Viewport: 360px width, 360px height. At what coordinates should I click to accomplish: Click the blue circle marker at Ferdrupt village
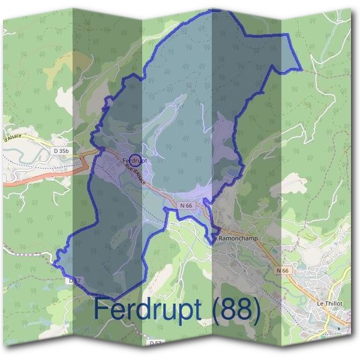[136, 160]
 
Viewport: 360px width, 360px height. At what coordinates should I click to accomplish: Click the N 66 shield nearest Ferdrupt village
[186, 206]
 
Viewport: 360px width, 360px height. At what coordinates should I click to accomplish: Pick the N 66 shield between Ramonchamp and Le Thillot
[283, 271]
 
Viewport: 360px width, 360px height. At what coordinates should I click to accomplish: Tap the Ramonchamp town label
[238, 238]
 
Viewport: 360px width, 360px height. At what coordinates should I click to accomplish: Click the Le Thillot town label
[329, 304]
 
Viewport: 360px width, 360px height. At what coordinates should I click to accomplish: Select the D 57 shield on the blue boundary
[74, 280]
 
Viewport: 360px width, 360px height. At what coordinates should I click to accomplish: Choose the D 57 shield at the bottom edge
[155, 343]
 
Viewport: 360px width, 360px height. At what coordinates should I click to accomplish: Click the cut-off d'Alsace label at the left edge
[12, 138]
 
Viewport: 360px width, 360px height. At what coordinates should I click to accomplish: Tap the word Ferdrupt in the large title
[148, 310]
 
